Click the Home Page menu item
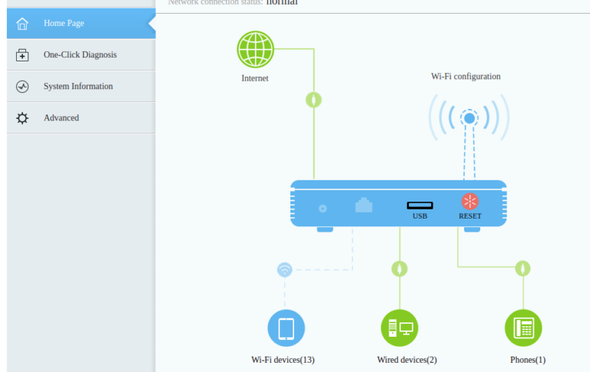click(x=64, y=23)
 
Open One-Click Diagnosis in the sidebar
click(x=80, y=54)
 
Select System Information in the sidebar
click(x=78, y=86)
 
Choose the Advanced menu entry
click(x=61, y=117)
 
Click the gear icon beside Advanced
click(x=22, y=118)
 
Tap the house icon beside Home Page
click(x=22, y=24)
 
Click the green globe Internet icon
click(x=255, y=49)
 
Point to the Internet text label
click(x=255, y=78)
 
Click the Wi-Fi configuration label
click(x=466, y=77)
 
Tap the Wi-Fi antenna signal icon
click(x=469, y=118)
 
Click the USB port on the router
click(x=419, y=205)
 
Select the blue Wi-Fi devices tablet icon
click(x=286, y=328)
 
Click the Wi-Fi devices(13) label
click(x=283, y=359)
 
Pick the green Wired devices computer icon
click(x=399, y=328)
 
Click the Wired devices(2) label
click(x=406, y=359)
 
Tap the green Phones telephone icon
click(x=523, y=328)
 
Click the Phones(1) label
click(x=528, y=359)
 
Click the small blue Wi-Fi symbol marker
click(x=285, y=269)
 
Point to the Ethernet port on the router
click(x=363, y=206)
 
